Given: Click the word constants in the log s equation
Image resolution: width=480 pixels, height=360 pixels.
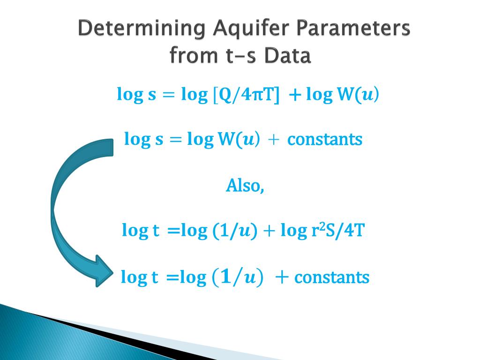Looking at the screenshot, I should [325, 139].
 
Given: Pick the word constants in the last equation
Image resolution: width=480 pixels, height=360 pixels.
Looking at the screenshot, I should [332, 277].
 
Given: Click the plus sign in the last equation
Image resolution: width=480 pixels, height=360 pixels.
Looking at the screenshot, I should [282, 277].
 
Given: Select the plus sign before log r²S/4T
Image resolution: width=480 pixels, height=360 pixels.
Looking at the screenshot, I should [269, 231].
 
